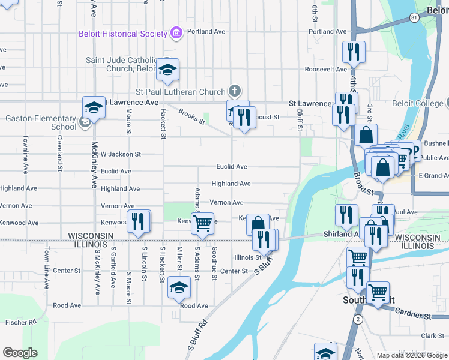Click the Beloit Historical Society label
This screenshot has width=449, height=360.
click(x=122, y=34)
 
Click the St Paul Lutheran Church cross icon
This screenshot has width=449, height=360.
click(x=234, y=91)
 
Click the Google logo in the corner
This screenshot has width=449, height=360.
click(x=20, y=353)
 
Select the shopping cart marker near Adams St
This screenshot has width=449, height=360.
click(x=203, y=223)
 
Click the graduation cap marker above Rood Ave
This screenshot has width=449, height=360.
click(x=178, y=287)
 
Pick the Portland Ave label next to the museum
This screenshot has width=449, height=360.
click(x=205, y=31)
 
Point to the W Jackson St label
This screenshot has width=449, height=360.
click(x=121, y=154)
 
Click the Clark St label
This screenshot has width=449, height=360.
click(x=432, y=336)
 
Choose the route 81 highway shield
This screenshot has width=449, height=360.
click(x=414, y=18)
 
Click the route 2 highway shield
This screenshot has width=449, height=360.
click(x=358, y=319)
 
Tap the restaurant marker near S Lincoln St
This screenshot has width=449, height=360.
click(x=139, y=222)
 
